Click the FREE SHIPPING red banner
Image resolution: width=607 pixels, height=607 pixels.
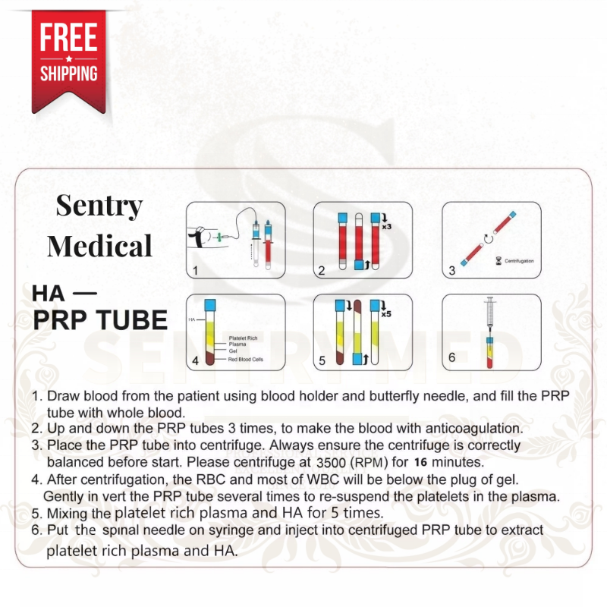[x=68, y=55]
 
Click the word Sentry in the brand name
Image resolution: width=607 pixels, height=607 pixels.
[x=99, y=206]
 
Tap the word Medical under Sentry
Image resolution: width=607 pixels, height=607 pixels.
[x=99, y=245]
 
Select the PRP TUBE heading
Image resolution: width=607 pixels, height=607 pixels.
[x=99, y=319]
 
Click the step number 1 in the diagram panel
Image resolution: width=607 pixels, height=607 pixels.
[x=195, y=269]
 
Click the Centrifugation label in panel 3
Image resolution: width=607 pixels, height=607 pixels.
[x=519, y=260]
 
